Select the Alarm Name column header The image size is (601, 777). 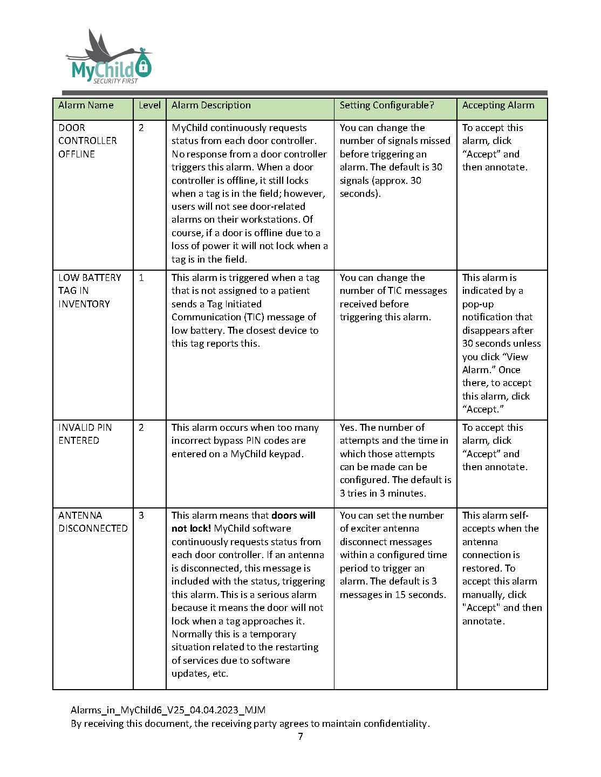[x=86, y=106]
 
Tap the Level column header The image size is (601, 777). [x=149, y=106]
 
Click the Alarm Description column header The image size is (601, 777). [x=211, y=106]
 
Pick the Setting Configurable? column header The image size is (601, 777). [x=386, y=106]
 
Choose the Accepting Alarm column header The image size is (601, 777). [x=498, y=106]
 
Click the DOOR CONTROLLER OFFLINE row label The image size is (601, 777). [x=87, y=141]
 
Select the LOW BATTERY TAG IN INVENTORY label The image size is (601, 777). [x=90, y=291]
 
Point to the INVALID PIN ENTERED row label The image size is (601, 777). [x=85, y=434]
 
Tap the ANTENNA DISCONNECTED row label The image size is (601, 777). [x=93, y=522]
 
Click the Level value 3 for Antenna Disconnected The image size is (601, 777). [x=141, y=515]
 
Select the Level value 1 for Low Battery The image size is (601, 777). [x=141, y=278]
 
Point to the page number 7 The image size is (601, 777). [x=300, y=737]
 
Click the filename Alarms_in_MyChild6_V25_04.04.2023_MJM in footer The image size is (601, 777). [x=168, y=710]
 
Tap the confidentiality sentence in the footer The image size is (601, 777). [x=250, y=724]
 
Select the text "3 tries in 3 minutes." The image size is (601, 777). [x=383, y=493]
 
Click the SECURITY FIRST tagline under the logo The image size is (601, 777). [x=115, y=81]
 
